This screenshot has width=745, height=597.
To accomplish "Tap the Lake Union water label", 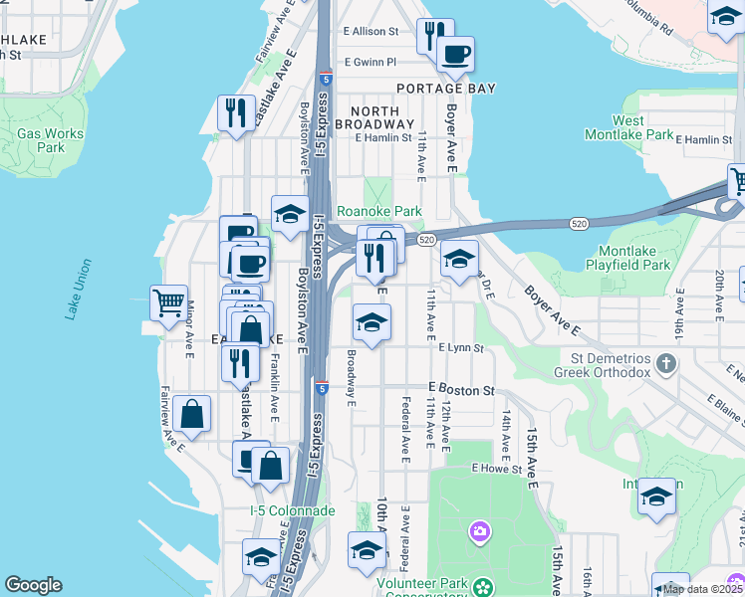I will (x=79, y=290).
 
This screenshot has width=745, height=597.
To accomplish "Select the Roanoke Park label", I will (x=379, y=211).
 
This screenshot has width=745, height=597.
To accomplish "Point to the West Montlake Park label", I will (x=641, y=127).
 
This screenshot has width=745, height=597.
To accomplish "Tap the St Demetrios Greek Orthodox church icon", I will (x=667, y=365).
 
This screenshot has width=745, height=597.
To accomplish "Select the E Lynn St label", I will (x=460, y=348).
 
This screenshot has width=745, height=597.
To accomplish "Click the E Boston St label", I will (x=462, y=391).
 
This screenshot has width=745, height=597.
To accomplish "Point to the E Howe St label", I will (x=497, y=468).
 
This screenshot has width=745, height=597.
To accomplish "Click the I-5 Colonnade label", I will (x=292, y=510).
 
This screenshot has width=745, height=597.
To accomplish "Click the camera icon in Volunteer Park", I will (x=479, y=533).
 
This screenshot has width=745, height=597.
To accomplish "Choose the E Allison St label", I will (x=371, y=32).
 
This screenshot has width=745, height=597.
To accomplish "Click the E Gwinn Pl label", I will (x=370, y=62).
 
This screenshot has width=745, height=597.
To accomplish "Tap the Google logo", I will (x=33, y=585).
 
